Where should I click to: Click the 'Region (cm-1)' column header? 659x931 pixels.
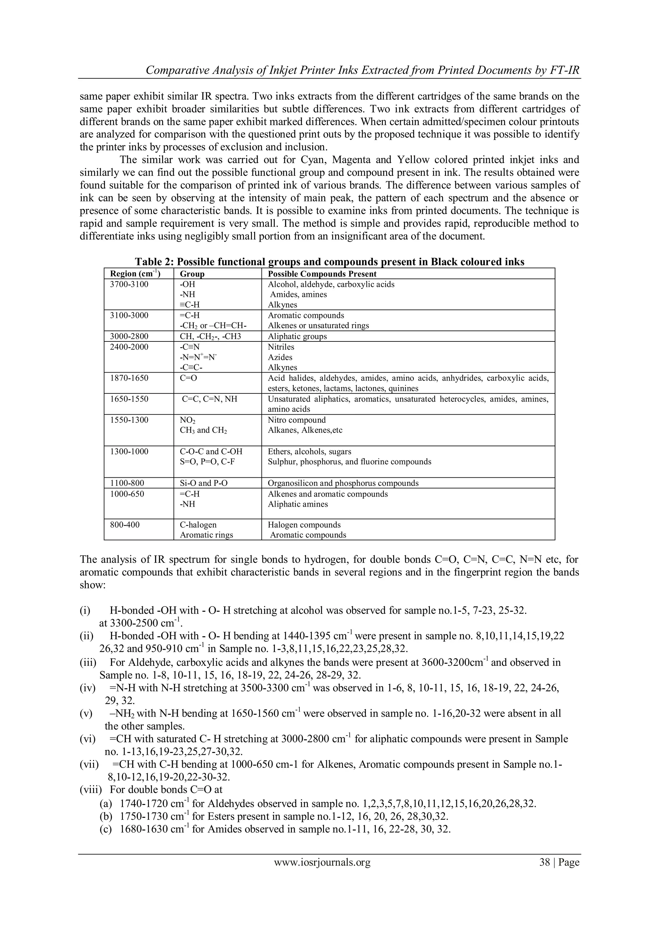click(x=135, y=274)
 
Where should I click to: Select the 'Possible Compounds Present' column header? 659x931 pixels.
click(x=322, y=274)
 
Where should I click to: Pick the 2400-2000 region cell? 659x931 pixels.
click(x=129, y=347)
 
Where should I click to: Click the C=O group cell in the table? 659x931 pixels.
click(x=188, y=378)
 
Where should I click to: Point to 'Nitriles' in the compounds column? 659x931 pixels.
click(x=281, y=347)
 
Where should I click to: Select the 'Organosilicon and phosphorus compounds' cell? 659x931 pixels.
click(x=343, y=483)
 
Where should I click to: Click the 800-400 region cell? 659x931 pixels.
click(x=125, y=525)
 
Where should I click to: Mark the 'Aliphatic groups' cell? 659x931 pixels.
click(x=297, y=336)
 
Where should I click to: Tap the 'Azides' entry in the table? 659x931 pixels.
click(x=280, y=357)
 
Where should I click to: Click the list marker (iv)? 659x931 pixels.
click(x=87, y=688)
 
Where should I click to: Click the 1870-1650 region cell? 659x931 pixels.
click(x=129, y=378)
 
